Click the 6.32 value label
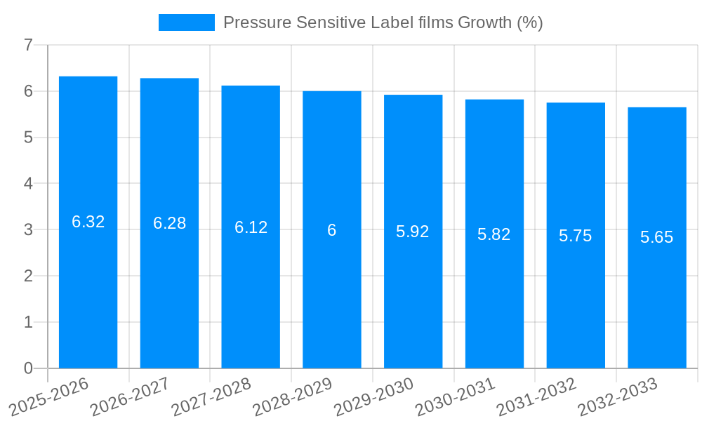[x=88, y=222]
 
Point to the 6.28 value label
[x=170, y=223]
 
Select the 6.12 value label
[x=251, y=227]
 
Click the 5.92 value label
[x=413, y=232]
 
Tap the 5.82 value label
[x=494, y=234]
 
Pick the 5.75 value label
[x=576, y=236]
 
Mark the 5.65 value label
[x=657, y=237]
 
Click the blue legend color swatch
[x=186, y=22]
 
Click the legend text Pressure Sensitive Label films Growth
[x=383, y=22]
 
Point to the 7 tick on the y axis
[x=29, y=45]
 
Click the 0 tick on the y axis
[x=29, y=368]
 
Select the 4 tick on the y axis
[x=29, y=184]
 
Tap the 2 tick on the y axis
[x=29, y=276]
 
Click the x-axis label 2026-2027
[x=130, y=396]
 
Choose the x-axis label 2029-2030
[x=373, y=396]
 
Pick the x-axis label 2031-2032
[x=536, y=396]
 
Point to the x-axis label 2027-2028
[x=211, y=396]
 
